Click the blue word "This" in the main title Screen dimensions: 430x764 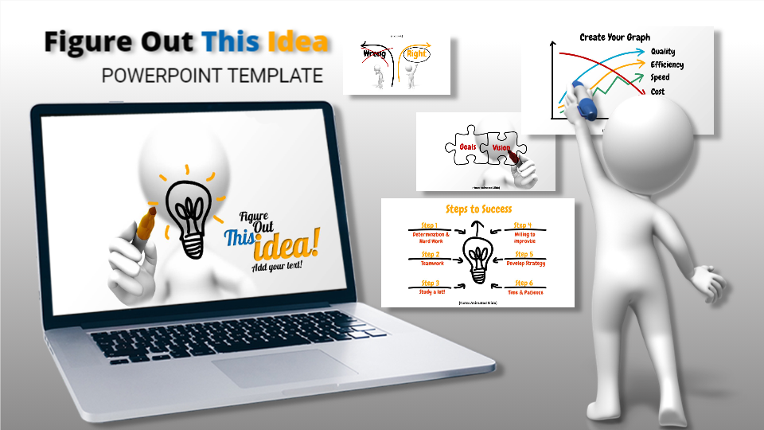coord(231,42)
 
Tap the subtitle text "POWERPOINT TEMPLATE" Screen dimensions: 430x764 coord(212,76)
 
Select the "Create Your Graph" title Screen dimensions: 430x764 coord(614,37)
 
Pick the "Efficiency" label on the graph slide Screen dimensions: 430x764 coord(667,64)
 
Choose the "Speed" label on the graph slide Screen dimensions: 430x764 coord(660,77)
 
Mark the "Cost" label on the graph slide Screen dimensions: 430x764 coord(657,92)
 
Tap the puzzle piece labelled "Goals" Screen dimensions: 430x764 coord(467,147)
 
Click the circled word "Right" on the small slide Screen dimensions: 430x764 coord(415,55)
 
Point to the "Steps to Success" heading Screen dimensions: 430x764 coord(478,209)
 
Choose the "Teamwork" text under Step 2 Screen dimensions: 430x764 coord(432,263)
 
